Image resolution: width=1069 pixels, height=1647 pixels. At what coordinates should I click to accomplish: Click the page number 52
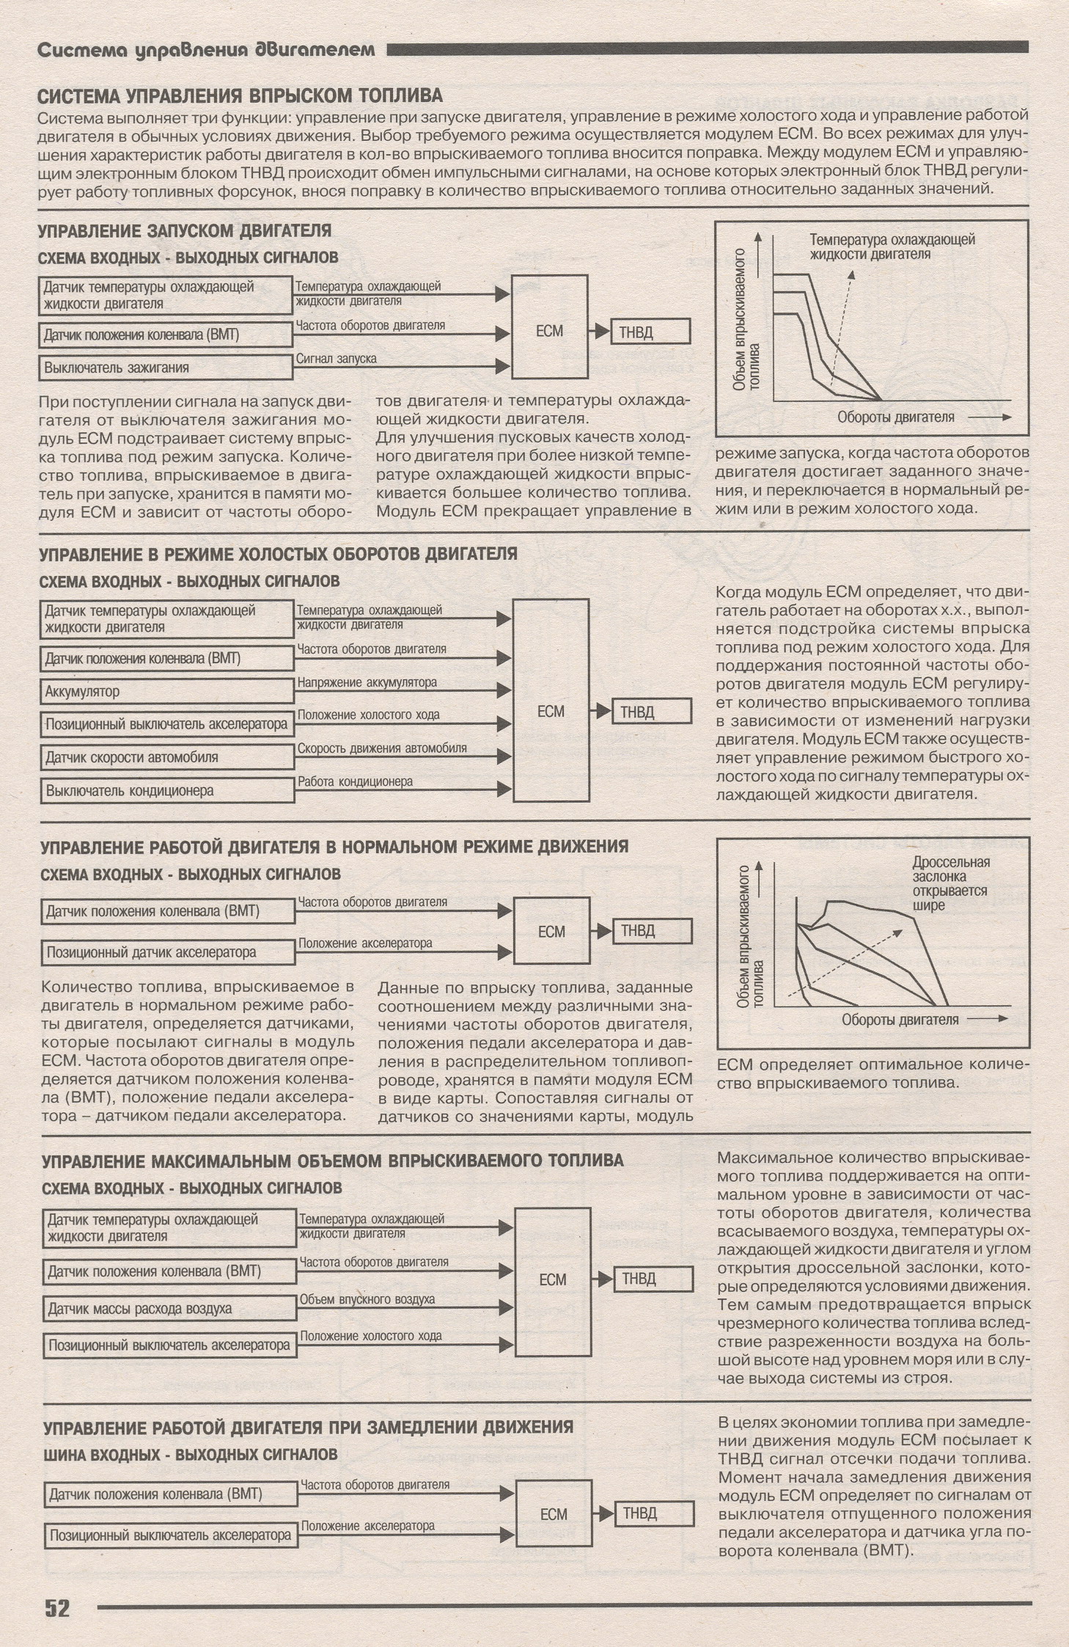pyautogui.click(x=57, y=1608)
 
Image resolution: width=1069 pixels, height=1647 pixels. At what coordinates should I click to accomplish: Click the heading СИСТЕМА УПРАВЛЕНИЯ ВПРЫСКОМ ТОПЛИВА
pyautogui.click(x=240, y=96)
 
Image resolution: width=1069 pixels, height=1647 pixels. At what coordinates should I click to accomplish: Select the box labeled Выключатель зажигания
pyautogui.click(x=166, y=368)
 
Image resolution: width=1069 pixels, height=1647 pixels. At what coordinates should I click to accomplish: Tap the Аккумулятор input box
pyautogui.click(x=167, y=691)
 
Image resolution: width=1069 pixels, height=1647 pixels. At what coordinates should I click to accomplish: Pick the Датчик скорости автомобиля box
pyautogui.click(x=167, y=757)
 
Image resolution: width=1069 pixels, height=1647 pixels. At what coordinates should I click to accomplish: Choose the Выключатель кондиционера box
pyautogui.click(x=167, y=791)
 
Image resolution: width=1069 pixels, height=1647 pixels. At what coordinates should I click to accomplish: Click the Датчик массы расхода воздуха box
pyautogui.click(x=170, y=1309)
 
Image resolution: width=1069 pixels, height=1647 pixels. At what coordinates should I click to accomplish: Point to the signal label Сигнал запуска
pyautogui.click(x=337, y=359)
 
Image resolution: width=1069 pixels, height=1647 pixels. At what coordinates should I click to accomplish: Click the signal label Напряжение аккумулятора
pyautogui.click(x=367, y=682)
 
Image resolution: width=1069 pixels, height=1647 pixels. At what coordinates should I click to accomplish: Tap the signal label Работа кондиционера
pyautogui.click(x=355, y=782)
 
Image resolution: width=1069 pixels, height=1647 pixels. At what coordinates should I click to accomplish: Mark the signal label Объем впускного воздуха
pyautogui.click(x=367, y=1299)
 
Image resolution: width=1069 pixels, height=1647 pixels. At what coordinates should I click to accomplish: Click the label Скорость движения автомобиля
pyautogui.click(x=382, y=748)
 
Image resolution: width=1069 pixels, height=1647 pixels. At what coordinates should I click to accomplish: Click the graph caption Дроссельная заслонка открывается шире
pyautogui.click(x=951, y=883)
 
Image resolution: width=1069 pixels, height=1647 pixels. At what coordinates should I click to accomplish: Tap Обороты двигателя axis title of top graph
pyautogui.click(x=896, y=417)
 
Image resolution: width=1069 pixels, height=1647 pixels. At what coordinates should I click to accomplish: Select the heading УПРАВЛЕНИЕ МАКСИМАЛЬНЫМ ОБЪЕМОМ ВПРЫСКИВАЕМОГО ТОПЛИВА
pyautogui.click(x=333, y=1160)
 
